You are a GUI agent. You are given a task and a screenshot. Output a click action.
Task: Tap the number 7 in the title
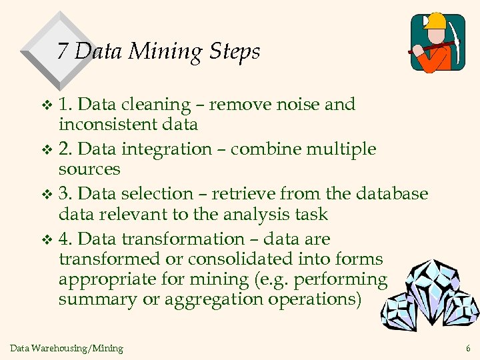(x=63, y=51)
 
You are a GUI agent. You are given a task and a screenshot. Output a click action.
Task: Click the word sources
(x=89, y=169)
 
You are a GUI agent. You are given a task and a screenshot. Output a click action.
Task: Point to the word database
(x=391, y=194)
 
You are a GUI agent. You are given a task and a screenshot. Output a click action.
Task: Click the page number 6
(x=468, y=348)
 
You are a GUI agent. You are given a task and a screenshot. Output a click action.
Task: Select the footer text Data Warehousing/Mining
(x=67, y=348)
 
